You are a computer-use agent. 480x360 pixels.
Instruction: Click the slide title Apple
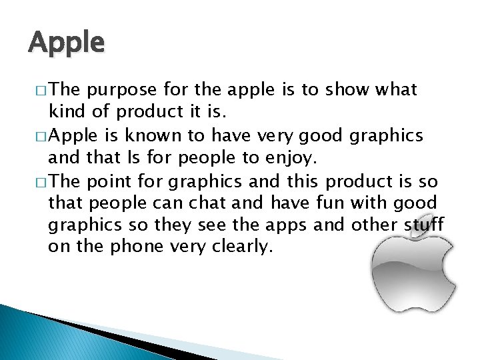[x=67, y=43]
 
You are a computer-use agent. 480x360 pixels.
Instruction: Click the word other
[x=361, y=225]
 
